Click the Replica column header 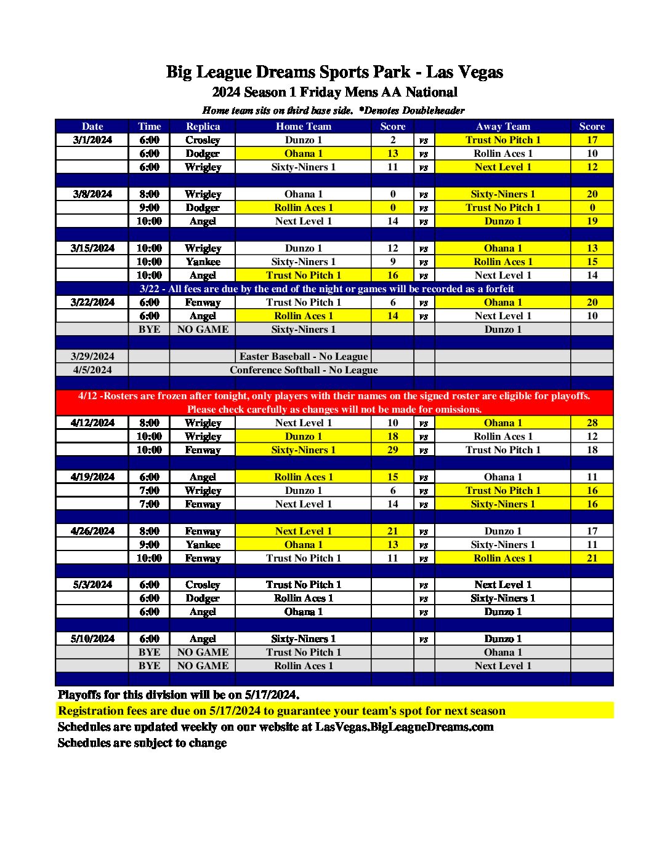click(x=203, y=126)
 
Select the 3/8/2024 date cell click(x=92, y=194)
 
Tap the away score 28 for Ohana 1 click(x=592, y=423)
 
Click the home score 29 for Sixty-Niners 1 click(x=393, y=450)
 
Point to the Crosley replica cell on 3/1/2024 click(x=203, y=140)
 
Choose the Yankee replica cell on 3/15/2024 click(x=203, y=261)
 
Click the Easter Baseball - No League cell click(x=304, y=356)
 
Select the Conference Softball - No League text click(x=304, y=370)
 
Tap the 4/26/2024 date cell click(x=92, y=531)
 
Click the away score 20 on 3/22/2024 click(x=592, y=302)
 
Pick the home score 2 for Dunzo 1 click(x=393, y=140)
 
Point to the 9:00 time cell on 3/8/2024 click(x=149, y=207)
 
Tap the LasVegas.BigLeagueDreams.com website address click(x=405, y=726)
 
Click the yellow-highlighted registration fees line click(x=281, y=710)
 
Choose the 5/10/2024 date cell click(x=92, y=638)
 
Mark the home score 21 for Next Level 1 click(x=393, y=531)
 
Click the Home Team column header click(x=304, y=126)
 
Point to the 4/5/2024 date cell click(x=92, y=370)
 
